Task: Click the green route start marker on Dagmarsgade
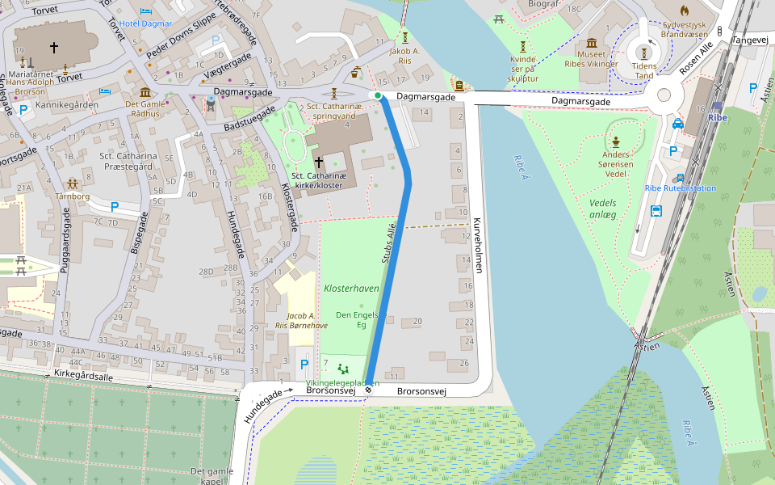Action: tap(378, 95)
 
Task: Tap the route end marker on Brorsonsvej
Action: tap(368, 390)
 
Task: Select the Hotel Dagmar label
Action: tap(145, 23)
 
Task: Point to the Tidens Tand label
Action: tap(643, 70)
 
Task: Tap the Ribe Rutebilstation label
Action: tap(680, 188)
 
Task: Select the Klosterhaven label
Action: tap(351, 289)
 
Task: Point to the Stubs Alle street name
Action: tap(390, 246)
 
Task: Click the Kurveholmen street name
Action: tap(477, 244)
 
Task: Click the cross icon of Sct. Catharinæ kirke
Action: tap(318, 162)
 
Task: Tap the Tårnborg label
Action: tap(73, 196)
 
